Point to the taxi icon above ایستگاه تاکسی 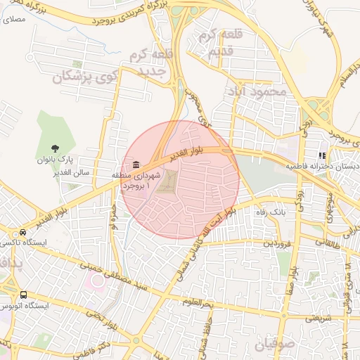[x=23, y=233]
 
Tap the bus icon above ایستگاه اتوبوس [x=24, y=295]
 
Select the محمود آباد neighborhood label [x=258, y=91]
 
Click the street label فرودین [x=276, y=243]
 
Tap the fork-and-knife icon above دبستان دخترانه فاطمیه [x=322, y=156]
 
